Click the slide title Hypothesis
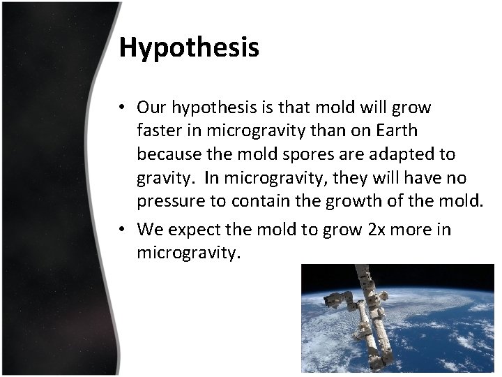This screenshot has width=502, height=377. (x=189, y=47)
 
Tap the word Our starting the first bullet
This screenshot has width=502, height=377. (x=151, y=108)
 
